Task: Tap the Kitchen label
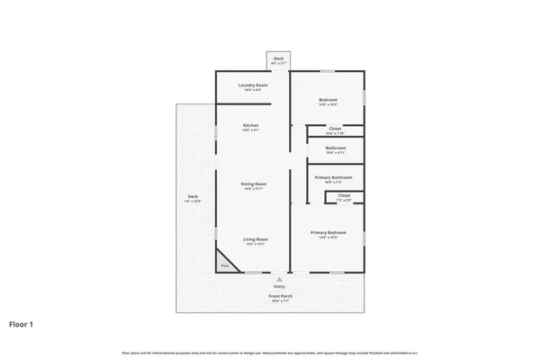click(x=251, y=127)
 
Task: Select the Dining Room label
click(x=253, y=185)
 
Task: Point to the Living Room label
click(x=253, y=240)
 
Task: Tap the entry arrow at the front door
click(x=279, y=278)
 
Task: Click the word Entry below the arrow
click(x=279, y=286)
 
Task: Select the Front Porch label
click(x=280, y=297)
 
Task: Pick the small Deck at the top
click(x=279, y=60)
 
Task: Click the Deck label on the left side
click(x=193, y=198)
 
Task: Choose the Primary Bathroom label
click(x=334, y=177)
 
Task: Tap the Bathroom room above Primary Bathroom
click(x=336, y=148)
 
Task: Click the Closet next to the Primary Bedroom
click(x=344, y=196)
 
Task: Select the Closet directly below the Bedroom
click(x=334, y=130)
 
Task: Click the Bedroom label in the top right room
click(x=327, y=101)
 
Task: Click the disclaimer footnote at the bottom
click(x=269, y=350)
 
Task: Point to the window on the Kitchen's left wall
click(x=215, y=133)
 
